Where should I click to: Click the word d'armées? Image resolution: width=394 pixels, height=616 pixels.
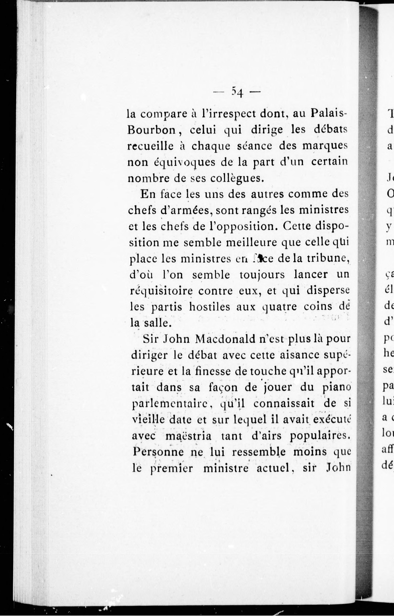tap(187, 210)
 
